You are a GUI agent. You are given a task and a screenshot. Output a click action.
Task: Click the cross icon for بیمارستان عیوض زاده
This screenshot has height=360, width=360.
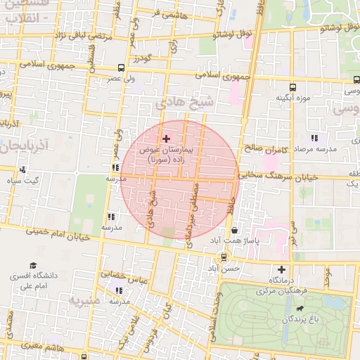tap(166, 139)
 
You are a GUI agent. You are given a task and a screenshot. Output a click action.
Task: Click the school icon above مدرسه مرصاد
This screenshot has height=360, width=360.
tap(314, 138)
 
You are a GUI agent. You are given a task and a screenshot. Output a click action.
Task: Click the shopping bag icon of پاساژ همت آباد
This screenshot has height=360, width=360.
tap(234, 229)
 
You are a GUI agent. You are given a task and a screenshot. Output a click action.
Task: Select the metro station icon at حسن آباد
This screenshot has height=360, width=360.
tap(224, 257)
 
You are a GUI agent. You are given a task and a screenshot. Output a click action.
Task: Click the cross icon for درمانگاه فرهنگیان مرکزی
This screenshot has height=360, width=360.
tap(282, 269)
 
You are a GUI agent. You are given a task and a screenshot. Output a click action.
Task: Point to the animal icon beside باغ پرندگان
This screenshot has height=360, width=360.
tap(301, 308)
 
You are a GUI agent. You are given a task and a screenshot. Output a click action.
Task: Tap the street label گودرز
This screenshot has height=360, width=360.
tap(149, 58)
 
